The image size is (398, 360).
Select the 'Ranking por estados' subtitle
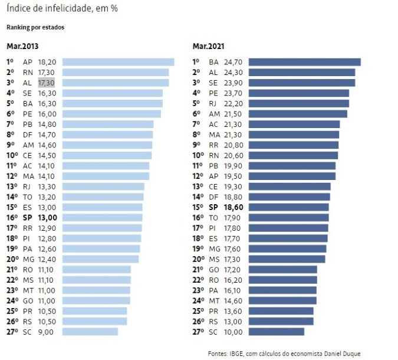pos(35,27)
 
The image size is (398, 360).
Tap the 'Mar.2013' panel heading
pos(22,46)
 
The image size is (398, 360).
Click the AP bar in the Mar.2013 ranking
pos(118,62)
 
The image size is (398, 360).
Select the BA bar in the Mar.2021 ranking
pos(304,62)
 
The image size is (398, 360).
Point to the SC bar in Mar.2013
pos(90,332)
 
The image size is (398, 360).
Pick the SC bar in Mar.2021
pos(276,332)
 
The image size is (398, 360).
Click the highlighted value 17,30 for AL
pos(47,83)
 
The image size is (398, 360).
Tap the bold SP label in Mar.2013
pos(27,218)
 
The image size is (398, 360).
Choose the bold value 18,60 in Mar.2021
pos(233,207)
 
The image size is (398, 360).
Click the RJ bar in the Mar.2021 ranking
pos(298,103)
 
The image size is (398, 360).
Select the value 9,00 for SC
pos(45,332)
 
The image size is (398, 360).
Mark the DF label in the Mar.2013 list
pos(27,135)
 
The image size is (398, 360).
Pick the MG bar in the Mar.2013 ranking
pos(100,259)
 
